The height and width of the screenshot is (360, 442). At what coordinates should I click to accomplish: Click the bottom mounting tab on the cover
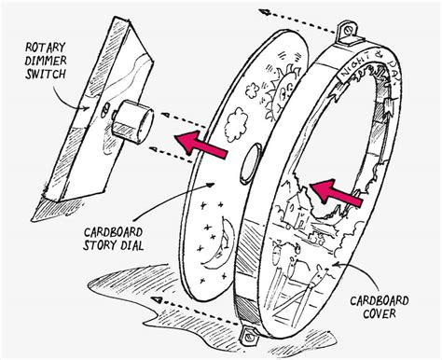pyautogui.click(x=250, y=336)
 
